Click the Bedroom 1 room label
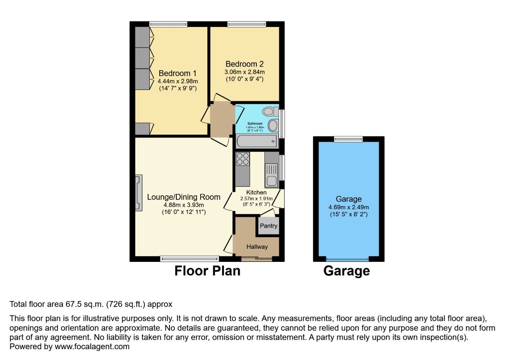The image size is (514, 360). (x=178, y=73)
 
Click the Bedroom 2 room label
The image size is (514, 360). (x=245, y=64)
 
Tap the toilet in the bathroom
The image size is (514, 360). (x=270, y=111)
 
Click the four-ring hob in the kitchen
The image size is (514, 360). (x=243, y=159)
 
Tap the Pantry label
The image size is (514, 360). (x=268, y=226)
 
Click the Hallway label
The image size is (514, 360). (x=257, y=247)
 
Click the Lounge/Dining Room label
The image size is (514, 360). (x=183, y=197)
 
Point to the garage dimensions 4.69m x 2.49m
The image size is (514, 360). (x=348, y=207)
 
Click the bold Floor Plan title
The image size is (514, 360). (x=207, y=271)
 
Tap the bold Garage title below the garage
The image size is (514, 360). (x=346, y=271)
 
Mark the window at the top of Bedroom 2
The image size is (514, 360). (x=246, y=24)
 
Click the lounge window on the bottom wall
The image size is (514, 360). (x=189, y=259)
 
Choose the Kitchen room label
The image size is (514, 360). (x=256, y=192)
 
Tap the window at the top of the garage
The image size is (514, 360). (x=348, y=139)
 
